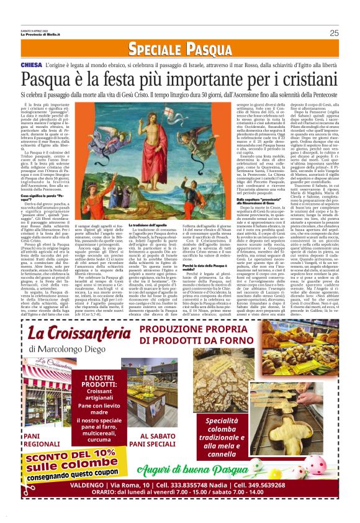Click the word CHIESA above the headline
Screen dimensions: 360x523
[31, 65]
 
